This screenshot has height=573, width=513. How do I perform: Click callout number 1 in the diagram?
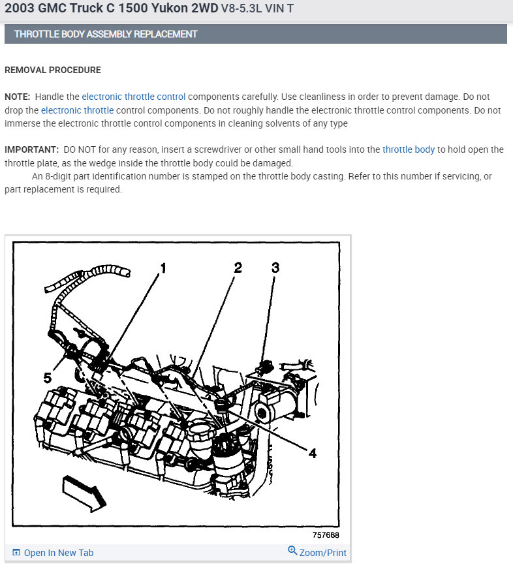(x=163, y=268)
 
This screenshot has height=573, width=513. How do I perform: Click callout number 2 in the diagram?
(x=238, y=267)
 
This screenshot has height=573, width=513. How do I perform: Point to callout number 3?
(x=275, y=267)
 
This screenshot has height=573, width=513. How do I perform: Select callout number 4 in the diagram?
(x=313, y=453)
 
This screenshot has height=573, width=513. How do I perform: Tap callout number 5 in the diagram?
(x=48, y=377)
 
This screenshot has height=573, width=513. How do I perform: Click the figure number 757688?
(x=326, y=535)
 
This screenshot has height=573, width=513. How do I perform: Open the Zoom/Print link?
(x=323, y=553)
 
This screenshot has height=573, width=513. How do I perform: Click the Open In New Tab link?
(x=58, y=553)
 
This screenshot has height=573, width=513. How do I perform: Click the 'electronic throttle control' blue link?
(x=134, y=97)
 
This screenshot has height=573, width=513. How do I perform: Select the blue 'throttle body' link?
(x=409, y=149)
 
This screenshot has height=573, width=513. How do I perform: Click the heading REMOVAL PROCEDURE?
(x=53, y=70)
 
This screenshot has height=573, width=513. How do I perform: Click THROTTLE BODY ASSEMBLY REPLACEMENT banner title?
(x=106, y=34)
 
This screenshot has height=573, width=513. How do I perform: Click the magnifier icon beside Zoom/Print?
(x=292, y=551)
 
